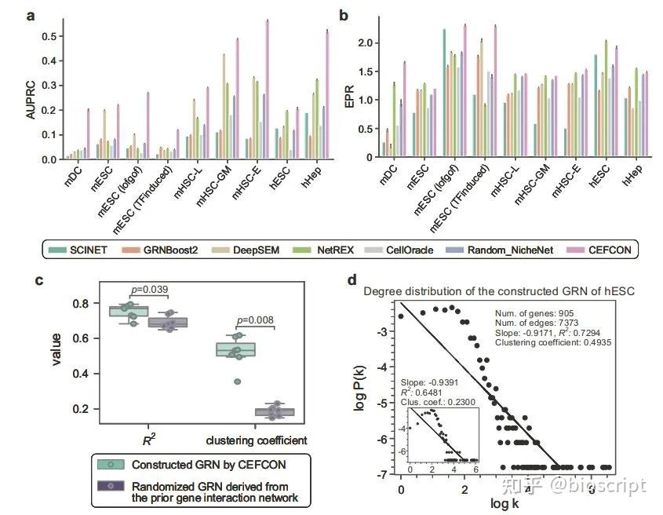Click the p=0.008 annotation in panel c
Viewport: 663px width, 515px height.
[x=257, y=320]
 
